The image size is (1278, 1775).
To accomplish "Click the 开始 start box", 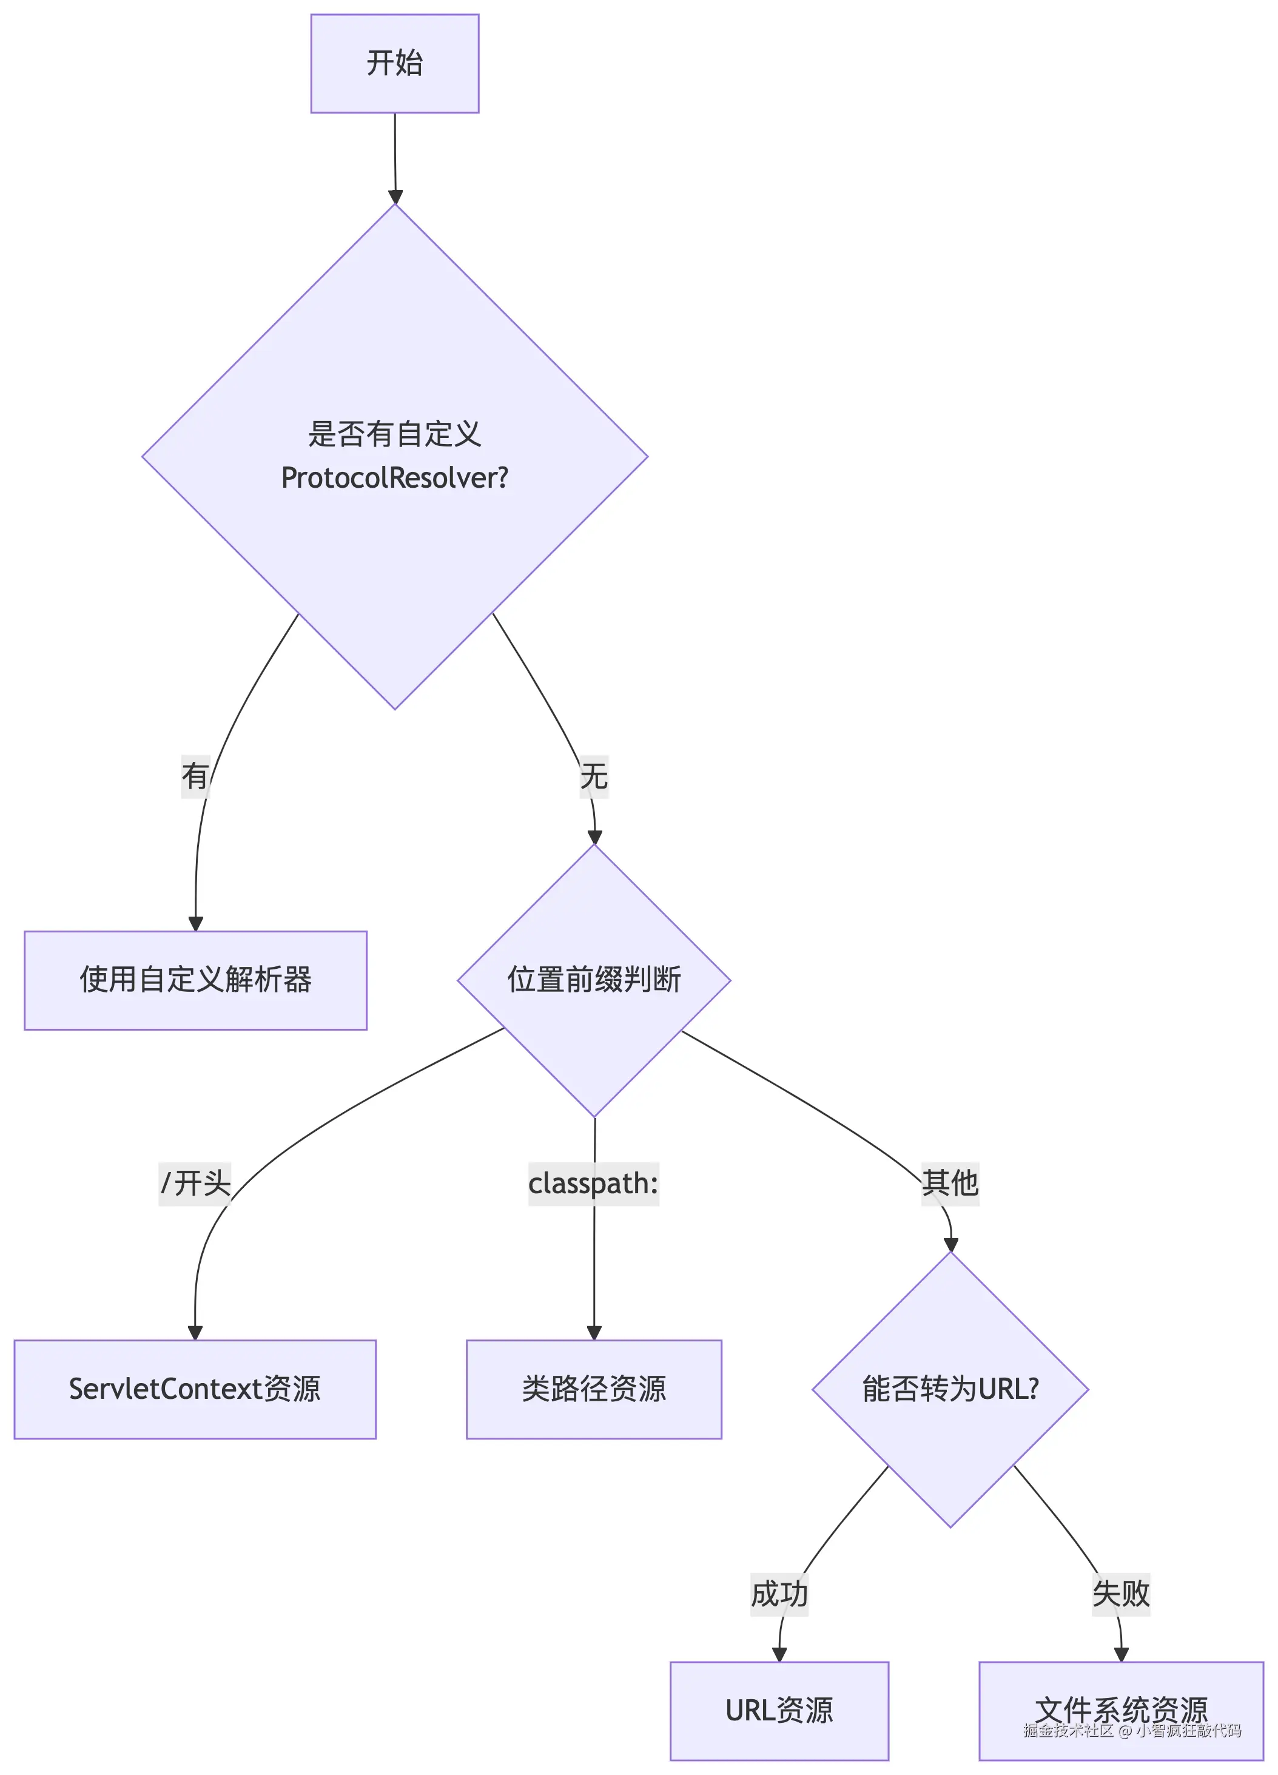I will tap(394, 63).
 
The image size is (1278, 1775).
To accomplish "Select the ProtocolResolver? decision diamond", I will tap(394, 456).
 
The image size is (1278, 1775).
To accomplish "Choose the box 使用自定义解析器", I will tap(196, 980).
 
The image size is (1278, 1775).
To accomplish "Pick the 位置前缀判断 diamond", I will tap(594, 980).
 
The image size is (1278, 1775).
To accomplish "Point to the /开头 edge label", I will tap(195, 1182).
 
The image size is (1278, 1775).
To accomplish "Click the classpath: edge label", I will tap(593, 1182).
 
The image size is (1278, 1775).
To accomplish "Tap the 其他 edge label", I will tap(950, 1182).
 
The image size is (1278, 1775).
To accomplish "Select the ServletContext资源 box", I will tap(195, 1389).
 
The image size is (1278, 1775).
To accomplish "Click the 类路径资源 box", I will tap(594, 1389).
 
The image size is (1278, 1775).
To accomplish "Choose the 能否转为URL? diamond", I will tap(950, 1389).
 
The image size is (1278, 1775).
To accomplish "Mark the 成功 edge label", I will tap(779, 1592).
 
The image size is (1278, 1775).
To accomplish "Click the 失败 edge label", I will tap(1121, 1592).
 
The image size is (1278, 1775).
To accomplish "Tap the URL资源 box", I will tap(779, 1710).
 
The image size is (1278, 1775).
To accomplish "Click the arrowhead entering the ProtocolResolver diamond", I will tap(395, 197).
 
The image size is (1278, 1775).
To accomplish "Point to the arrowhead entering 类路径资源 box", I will tap(594, 1332).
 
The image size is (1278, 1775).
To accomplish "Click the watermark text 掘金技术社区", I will tap(1068, 1730).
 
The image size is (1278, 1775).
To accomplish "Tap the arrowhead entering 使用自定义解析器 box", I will tap(196, 923).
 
